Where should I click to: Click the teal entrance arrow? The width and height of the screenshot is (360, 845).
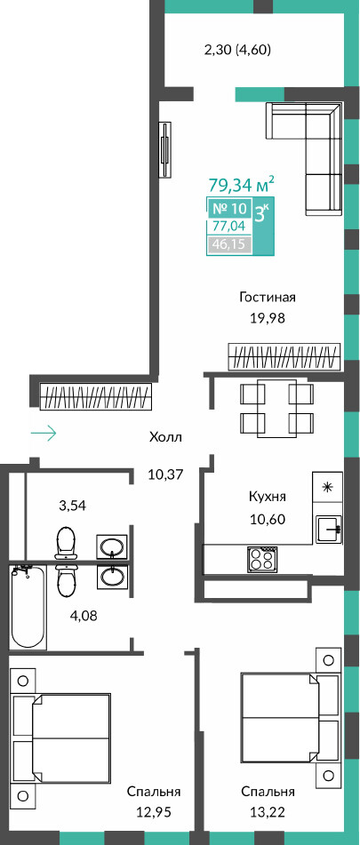[x=44, y=434]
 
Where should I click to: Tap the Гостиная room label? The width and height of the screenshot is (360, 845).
[x=268, y=297]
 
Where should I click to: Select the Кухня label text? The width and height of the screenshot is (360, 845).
[x=268, y=497]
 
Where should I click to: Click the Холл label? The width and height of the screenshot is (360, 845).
[x=166, y=437]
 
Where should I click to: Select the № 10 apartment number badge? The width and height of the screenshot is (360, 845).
[x=228, y=208]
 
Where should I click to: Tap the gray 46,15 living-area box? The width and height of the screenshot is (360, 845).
[x=228, y=244]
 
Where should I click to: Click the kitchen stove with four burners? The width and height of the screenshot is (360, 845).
[x=262, y=560]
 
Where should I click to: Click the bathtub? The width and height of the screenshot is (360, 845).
[x=28, y=606]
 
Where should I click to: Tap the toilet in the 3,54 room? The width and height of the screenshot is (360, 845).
[x=68, y=543]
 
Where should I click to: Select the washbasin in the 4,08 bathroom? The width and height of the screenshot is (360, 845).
[x=112, y=578]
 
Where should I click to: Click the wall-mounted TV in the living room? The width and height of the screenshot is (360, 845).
[x=165, y=149]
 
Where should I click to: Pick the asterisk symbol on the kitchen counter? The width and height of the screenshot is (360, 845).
[x=326, y=488]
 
